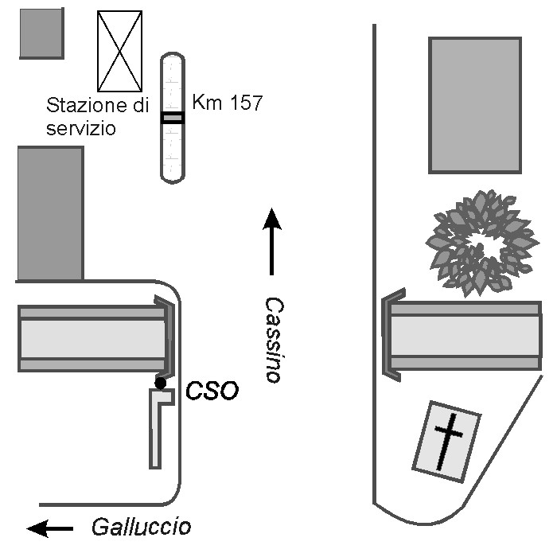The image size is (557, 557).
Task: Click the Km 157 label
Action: pyautogui.click(x=227, y=103)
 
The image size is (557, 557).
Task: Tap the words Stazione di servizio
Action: pyautogui.click(x=97, y=115)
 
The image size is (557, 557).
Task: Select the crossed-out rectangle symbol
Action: pyautogui.click(x=119, y=51)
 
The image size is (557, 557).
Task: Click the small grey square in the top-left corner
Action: pyautogui.click(x=41, y=33)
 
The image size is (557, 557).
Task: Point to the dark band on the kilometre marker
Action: pyautogui.click(x=172, y=118)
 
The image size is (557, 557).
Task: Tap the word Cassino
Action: pyautogui.click(x=273, y=340)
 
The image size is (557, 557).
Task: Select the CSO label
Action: pyautogui.click(x=212, y=391)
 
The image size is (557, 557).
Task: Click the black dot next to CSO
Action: pyautogui.click(x=160, y=384)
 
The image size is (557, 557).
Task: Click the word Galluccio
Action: pyautogui.click(x=141, y=527)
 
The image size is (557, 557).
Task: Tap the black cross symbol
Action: pyautogui.click(x=449, y=439)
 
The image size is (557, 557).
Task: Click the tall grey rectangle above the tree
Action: pyautogui.click(x=474, y=104)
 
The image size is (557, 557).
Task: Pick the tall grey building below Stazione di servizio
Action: pyautogui.click(x=49, y=213)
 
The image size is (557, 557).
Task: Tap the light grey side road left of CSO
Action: pyautogui.click(x=92, y=338)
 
